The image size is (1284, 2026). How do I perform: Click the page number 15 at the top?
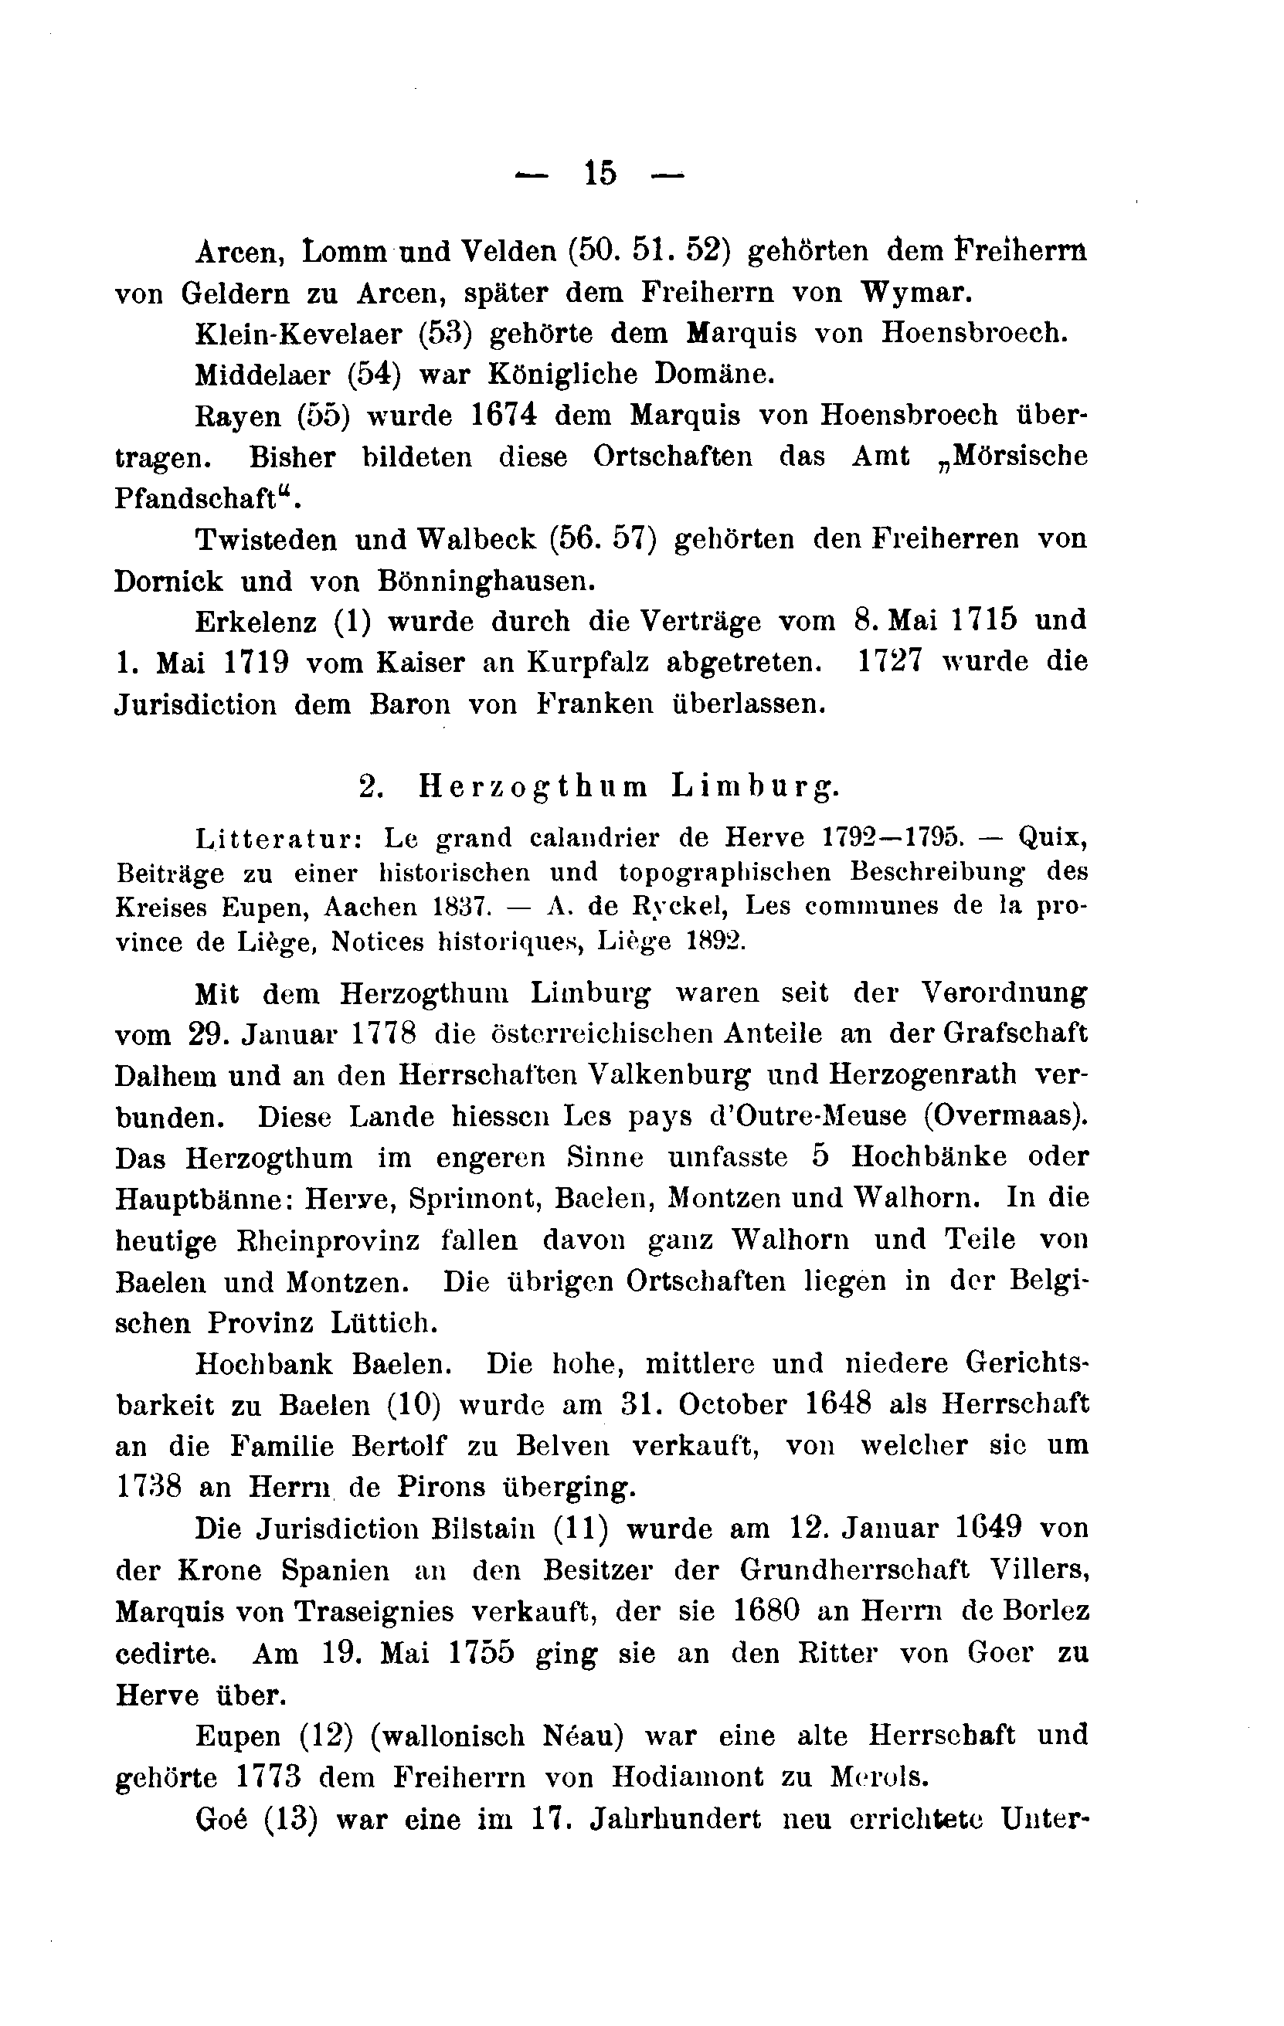point(600,174)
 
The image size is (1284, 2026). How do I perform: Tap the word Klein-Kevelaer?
point(299,334)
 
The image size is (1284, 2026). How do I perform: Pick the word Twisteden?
point(267,540)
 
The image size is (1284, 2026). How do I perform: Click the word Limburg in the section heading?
point(756,786)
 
